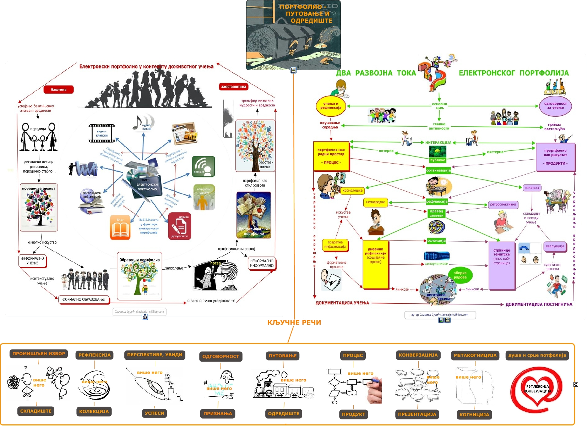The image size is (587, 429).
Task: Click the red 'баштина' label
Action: click(x=59, y=89)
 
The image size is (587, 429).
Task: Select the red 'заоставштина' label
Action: click(x=233, y=87)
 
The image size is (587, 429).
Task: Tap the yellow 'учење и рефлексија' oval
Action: click(x=331, y=106)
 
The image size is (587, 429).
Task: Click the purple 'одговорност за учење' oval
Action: click(x=555, y=106)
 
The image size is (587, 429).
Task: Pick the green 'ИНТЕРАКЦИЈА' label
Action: click(x=438, y=143)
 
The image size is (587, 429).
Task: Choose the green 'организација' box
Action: click(x=438, y=170)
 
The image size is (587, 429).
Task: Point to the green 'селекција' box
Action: click(x=436, y=241)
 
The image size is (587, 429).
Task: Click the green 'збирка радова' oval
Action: click(x=460, y=275)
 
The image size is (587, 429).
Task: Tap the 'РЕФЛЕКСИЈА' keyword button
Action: click(x=94, y=355)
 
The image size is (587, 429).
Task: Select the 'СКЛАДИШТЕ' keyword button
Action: click(x=36, y=411)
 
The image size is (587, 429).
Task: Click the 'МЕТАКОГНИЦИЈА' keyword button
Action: click(x=475, y=355)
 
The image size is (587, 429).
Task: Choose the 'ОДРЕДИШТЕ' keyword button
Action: click(x=283, y=414)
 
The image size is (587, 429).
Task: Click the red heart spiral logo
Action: click(x=536, y=389)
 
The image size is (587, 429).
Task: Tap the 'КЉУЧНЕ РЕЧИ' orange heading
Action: click(x=294, y=323)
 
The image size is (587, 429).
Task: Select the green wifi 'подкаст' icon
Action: click(x=203, y=166)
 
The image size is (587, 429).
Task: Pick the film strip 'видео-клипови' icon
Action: click(x=102, y=133)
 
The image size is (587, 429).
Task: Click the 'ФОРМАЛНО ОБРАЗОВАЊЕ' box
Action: click(x=84, y=299)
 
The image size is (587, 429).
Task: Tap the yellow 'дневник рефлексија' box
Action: click(x=375, y=264)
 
